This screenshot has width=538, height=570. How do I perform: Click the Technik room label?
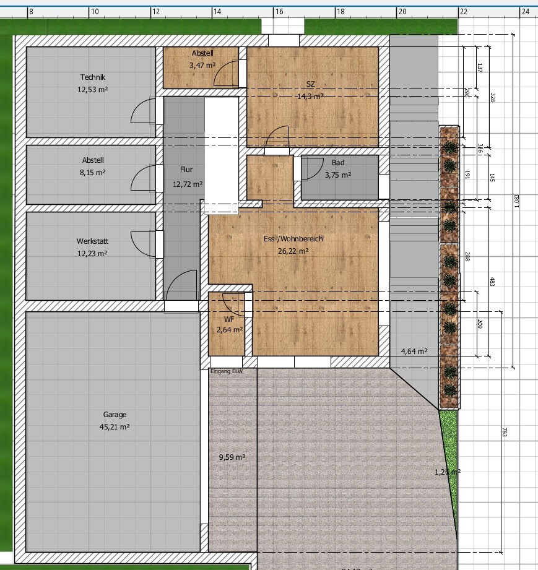tap(92, 77)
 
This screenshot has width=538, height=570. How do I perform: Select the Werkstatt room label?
tap(92, 241)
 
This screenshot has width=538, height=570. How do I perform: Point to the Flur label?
tap(187, 169)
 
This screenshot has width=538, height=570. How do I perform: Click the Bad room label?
tap(337, 163)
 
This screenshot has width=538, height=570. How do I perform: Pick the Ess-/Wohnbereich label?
tap(293, 239)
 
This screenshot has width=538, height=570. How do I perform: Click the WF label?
tap(229, 319)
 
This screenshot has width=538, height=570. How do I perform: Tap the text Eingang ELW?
tap(226, 371)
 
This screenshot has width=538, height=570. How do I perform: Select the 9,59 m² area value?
tap(232, 457)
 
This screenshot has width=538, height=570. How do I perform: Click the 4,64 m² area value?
tap(414, 352)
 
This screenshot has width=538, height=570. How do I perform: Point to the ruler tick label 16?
tap(279, 11)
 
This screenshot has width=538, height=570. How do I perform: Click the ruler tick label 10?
tap(95, 11)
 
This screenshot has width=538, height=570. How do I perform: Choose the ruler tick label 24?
tap(526, 11)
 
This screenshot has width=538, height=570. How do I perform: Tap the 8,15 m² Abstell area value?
tap(92, 173)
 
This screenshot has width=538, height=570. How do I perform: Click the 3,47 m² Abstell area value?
tap(202, 64)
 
